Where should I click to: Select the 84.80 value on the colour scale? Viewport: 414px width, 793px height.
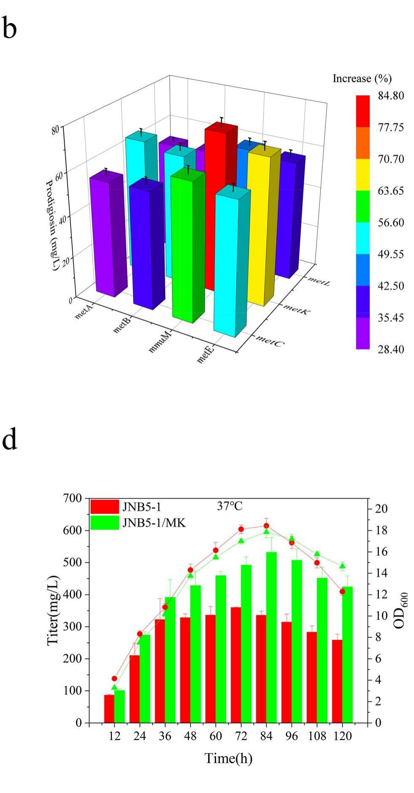coord(390,96)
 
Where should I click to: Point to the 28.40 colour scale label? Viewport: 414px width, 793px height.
coord(390,349)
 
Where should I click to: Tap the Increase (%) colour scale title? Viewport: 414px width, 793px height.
coord(362,79)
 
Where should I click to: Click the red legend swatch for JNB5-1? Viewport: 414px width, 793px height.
coord(105,507)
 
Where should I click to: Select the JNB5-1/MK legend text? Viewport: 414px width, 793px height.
coord(154,523)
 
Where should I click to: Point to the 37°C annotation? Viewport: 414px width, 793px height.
coord(229,506)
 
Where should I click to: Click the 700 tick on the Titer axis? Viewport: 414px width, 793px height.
coord(72,498)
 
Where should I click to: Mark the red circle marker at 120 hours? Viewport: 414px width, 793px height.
coord(342,592)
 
